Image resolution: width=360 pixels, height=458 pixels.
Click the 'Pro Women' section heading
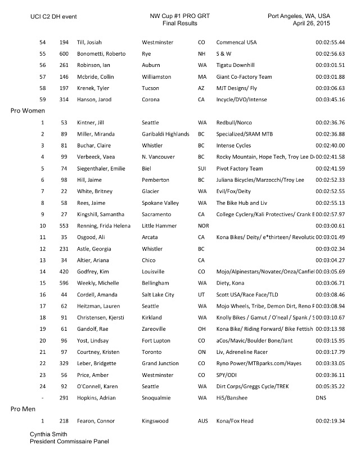28,111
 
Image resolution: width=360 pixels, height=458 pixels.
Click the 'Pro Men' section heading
24,410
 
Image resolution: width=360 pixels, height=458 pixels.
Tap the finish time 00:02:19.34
330,421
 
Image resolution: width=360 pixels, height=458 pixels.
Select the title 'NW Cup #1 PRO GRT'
176,16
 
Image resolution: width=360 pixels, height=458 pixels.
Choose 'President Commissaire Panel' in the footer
69,442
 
